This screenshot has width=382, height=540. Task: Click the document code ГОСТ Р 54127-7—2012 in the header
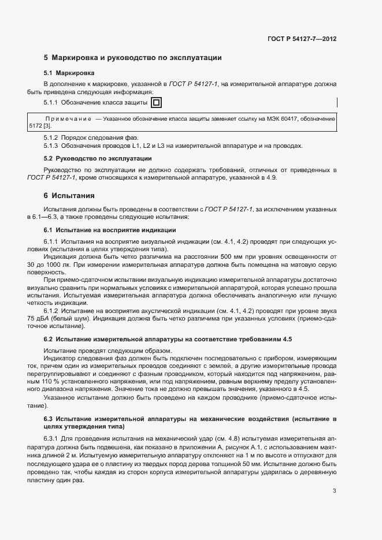(x=302, y=39)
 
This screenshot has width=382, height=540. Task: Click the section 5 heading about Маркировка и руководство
(x=133, y=58)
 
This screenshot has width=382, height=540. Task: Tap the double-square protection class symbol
(x=157, y=103)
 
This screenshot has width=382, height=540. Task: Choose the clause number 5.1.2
(x=51, y=137)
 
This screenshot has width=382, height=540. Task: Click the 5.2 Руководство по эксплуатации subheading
(x=98, y=158)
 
